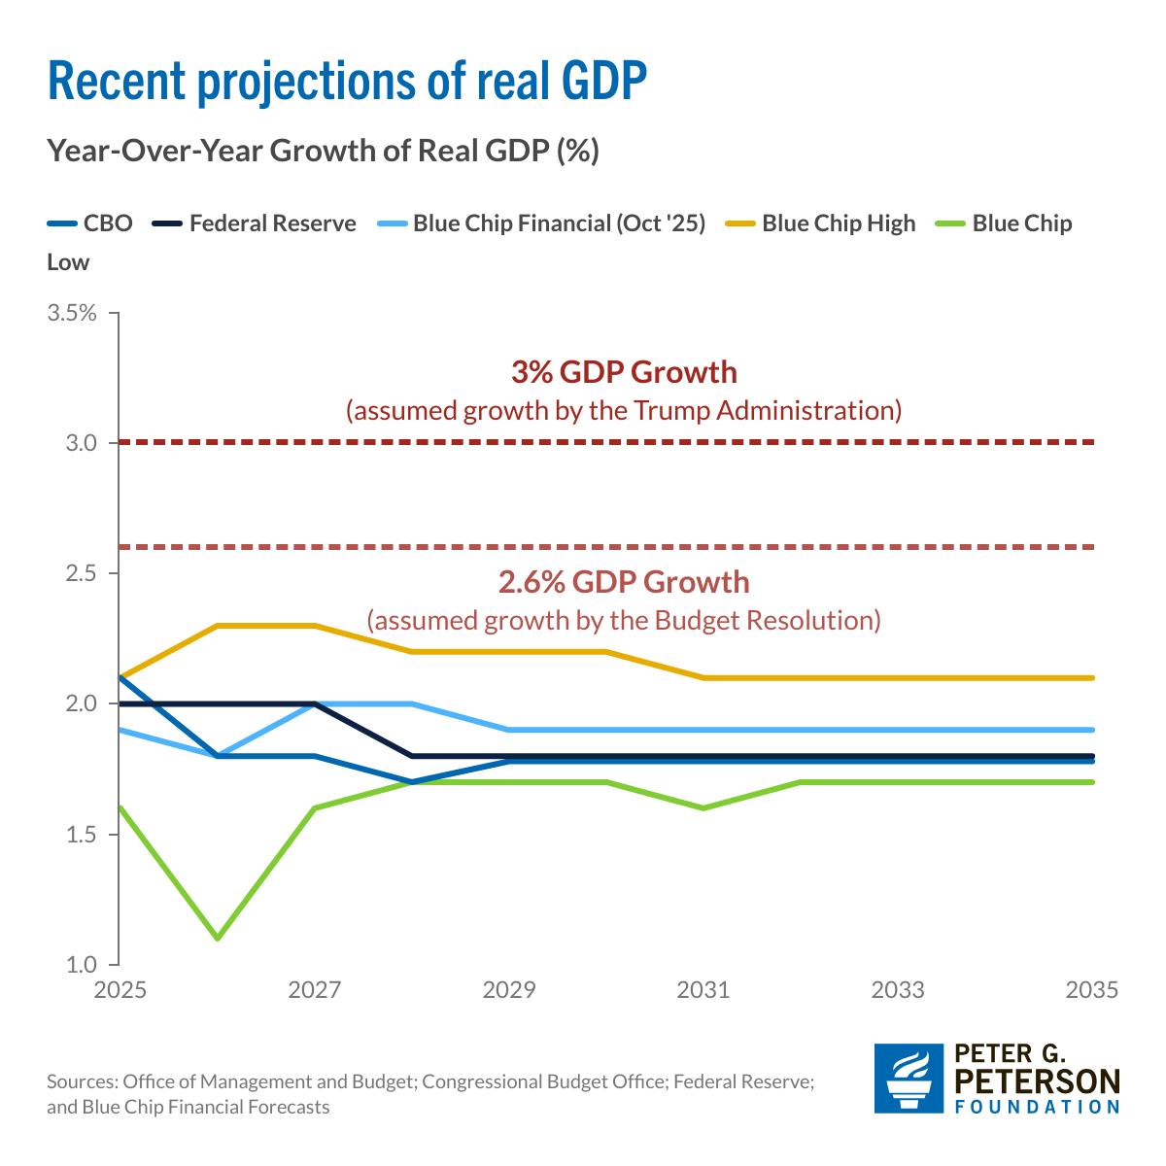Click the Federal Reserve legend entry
point(255,223)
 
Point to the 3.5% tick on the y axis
point(72,313)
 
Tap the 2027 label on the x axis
point(315,990)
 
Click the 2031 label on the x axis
point(703,990)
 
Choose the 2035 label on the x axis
point(1092,990)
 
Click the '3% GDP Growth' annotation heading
point(624,372)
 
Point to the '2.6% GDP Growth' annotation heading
point(624,582)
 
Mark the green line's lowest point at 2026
point(217,938)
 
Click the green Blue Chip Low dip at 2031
point(703,807)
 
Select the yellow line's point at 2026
point(217,626)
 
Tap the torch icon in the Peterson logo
point(909,1078)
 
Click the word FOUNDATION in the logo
point(1038,1106)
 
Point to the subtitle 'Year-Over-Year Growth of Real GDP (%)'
point(323,152)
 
